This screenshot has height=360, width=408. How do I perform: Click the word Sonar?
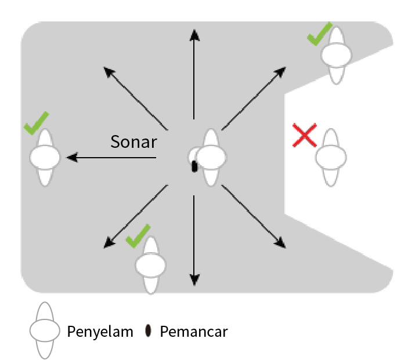[133, 141]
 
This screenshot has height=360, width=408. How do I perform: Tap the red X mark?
[304, 135]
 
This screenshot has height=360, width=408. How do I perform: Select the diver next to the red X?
[331, 157]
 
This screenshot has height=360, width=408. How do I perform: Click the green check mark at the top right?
[319, 34]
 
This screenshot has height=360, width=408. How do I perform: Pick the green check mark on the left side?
[36, 123]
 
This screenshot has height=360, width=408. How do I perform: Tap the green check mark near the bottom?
[138, 236]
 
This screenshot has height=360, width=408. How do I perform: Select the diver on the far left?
[45, 157]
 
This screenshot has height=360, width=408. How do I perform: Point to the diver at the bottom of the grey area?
[150, 265]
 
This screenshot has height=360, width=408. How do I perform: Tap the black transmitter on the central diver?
[194, 166]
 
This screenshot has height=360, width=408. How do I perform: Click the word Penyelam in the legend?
[100, 332]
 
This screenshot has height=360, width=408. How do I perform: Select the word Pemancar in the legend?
[193, 332]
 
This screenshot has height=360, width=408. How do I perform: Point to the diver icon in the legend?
[45, 331]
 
